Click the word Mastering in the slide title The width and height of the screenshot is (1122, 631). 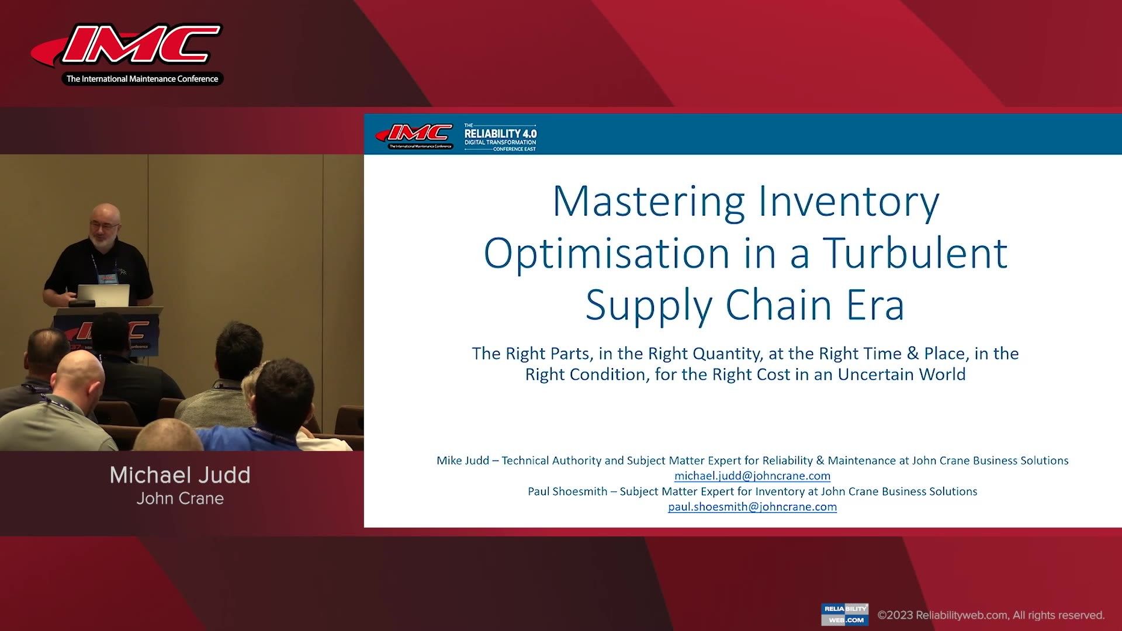pyautogui.click(x=649, y=202)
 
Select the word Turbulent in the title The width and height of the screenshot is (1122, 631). pyautogui.click(x=915, y=254)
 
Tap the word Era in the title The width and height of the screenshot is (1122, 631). pyautogui.click(x=875, y=305)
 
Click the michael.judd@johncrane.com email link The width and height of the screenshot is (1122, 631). pyautogui.click(x=752, y=476)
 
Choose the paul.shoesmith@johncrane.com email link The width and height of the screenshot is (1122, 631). pyautogui.click(x=752, y=507)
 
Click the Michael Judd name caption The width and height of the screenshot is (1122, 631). pyautogui.click(x=180, y=475)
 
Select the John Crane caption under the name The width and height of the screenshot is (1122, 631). pyautogui.click(x=180, y=499)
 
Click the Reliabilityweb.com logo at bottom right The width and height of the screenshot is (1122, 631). pyautogui.click(x=844, y=614)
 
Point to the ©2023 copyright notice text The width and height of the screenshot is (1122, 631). pyautogui.click(x=991, y=615)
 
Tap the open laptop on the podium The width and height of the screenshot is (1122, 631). pyautogui.click(x=103, y=295)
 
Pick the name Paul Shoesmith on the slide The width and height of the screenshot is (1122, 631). pyautogui.click(x=567, y=491)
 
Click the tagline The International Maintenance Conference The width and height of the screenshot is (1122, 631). pyautogui.click(x=142, y=79)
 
